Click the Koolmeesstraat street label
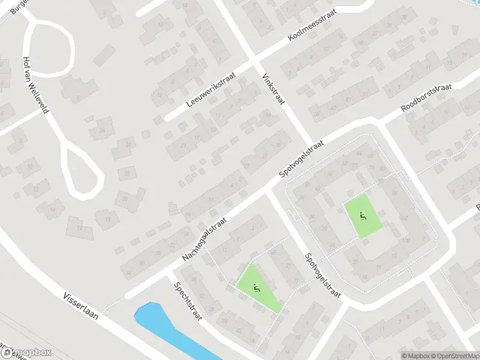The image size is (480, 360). (x=313, y=28)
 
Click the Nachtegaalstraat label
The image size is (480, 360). (x=206, y=239)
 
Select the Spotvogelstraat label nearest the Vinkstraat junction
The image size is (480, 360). (x=302, y=159)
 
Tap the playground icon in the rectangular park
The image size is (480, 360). (x=362, y=216)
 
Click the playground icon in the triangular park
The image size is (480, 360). (x=257, y=289)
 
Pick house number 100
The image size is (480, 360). (x=406, y=241)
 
